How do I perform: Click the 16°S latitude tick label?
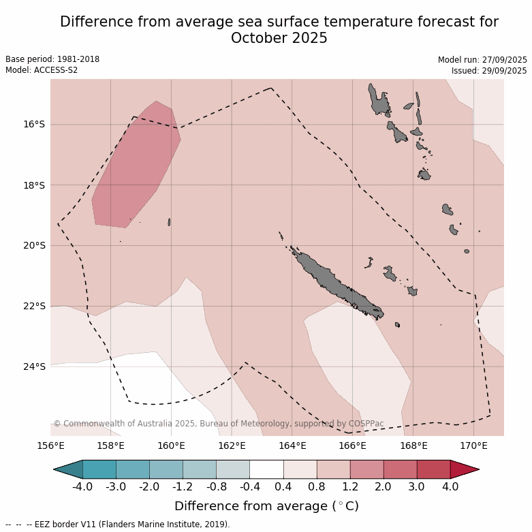[34, 124]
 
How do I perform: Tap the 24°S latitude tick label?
[34, 366]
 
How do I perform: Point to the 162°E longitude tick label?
[232, 446]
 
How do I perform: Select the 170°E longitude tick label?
[473, 446]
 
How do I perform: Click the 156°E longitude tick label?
[50, 446]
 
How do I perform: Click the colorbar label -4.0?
[82, 487]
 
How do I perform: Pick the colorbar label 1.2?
[350, 487]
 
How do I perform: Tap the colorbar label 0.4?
[283, 487]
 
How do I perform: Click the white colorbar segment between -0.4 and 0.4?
[266, 469]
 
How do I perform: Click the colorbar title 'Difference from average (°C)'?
[266, 506]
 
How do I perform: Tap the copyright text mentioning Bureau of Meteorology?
[218, 424]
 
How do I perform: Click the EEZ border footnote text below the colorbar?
[117, 525]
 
